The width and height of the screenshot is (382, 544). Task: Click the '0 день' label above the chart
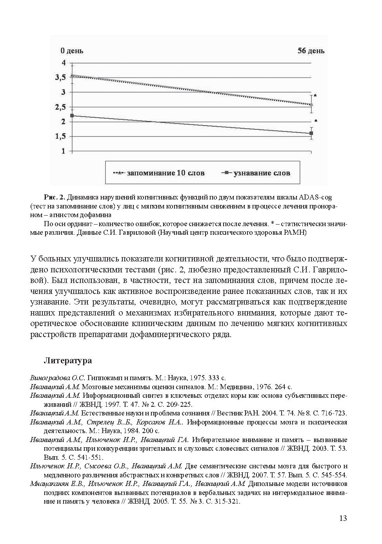71,51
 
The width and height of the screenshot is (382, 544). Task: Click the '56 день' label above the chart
311,51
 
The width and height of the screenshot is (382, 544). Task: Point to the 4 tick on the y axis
63,63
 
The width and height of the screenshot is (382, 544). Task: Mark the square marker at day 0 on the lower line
71,116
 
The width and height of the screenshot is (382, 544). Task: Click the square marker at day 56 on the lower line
311,133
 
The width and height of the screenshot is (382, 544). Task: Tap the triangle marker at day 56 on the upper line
311,104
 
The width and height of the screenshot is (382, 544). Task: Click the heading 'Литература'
67,361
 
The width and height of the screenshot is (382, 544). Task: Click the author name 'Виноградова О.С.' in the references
58,378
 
